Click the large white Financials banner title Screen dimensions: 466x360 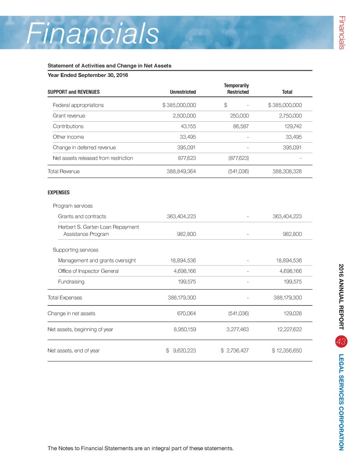tap(92, 33)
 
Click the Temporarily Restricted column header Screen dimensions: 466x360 tap(236, 88)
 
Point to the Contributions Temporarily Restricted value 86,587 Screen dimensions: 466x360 tap(240, 126)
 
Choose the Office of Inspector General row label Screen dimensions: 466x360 tap(88, 271)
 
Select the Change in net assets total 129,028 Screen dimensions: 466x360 tap(291, 313)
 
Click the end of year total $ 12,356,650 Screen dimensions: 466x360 tap(287, 351)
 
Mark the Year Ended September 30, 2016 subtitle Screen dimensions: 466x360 tap(88, 75)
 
